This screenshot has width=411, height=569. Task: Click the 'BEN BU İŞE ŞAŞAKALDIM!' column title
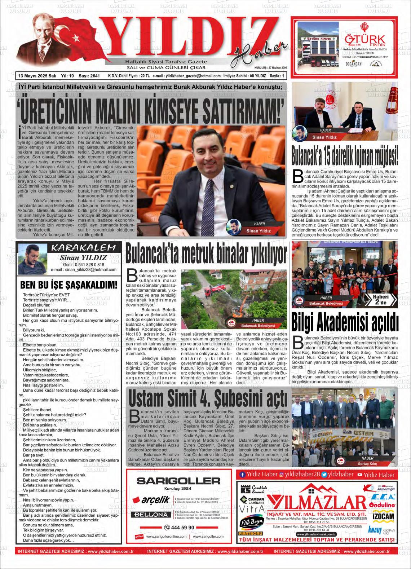(69, 285)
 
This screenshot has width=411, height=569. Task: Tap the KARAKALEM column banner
(84, 248)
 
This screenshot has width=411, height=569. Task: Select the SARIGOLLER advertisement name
(178, 481)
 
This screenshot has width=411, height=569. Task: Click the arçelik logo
(151, 500)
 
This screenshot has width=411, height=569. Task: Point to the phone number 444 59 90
(179, 528)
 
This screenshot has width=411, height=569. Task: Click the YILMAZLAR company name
(316, 502)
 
